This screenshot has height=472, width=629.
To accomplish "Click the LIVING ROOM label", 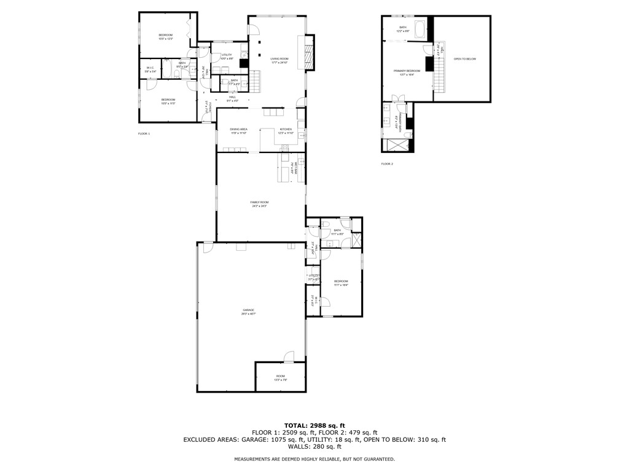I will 279,60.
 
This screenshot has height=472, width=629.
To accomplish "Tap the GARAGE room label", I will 248,312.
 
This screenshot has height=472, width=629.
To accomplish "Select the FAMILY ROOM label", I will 259,203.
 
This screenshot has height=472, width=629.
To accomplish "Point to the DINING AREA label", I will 238,130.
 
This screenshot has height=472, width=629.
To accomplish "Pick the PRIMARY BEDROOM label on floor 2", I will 407,72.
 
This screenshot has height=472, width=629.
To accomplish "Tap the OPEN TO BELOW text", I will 464,59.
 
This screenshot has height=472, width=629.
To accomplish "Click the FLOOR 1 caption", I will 144,133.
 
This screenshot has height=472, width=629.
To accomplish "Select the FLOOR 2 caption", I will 387,163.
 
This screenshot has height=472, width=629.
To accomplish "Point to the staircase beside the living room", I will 256,80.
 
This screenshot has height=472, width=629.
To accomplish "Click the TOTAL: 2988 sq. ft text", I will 314,425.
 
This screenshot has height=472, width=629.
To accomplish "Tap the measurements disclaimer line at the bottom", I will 314,459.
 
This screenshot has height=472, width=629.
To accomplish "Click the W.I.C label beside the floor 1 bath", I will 149,69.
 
